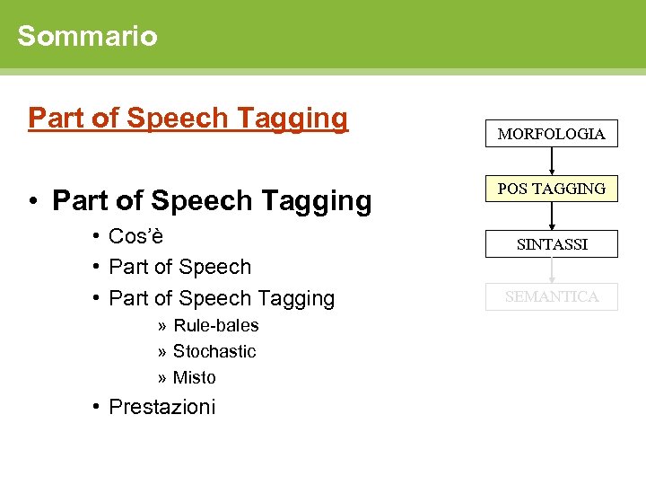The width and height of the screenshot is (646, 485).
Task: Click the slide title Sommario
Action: point(87,36)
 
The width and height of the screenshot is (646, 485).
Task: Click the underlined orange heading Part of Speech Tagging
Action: point(188,118)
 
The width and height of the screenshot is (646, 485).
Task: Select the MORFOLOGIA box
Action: point(551,134)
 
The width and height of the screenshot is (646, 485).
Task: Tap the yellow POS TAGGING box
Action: point(551,189)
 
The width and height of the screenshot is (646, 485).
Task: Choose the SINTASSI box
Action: point(551,243)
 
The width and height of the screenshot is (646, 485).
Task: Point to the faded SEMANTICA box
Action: point(551,296)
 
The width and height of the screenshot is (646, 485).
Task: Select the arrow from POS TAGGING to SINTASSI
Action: point(552,216)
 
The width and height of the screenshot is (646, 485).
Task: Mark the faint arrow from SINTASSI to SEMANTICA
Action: point(552,269)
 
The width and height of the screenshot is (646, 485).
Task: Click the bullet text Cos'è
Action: point(135,236)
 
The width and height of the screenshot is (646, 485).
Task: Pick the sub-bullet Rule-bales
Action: point(215,325)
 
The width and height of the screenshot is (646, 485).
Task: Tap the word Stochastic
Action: point(214,351)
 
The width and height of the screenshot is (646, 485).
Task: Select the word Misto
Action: point(195,377)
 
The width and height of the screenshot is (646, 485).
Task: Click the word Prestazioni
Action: point(161,407)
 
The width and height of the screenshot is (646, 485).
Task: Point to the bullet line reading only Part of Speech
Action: point(179,267)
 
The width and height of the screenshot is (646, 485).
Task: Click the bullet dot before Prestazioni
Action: point(95,407)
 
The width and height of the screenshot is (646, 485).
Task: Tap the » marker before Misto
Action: point(161,377)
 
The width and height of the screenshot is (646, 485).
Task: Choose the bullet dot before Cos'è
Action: point(95,236)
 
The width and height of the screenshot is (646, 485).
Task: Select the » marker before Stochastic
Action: point(161,351)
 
